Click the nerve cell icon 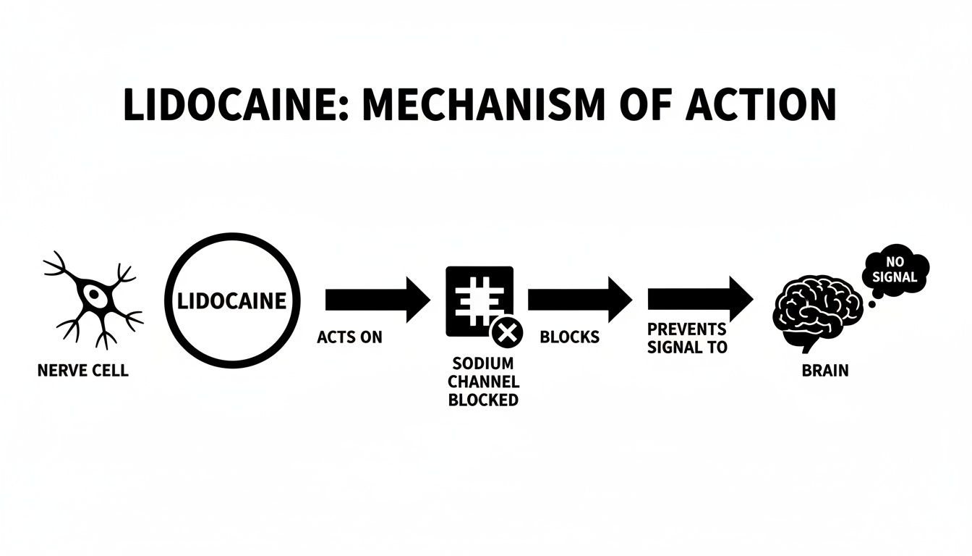click(x=93, y=298)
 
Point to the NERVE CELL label click(x=82, y=371)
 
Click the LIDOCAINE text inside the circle click(x=232, y=300)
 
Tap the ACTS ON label click(x=349, y=337)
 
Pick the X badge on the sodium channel click(x=507, y=334)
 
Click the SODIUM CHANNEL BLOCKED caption click(x=483, y=382)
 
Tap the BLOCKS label click(x=569, y=337)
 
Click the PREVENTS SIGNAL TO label click(x=686, y=338)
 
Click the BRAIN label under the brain click(x=825, y=371)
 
